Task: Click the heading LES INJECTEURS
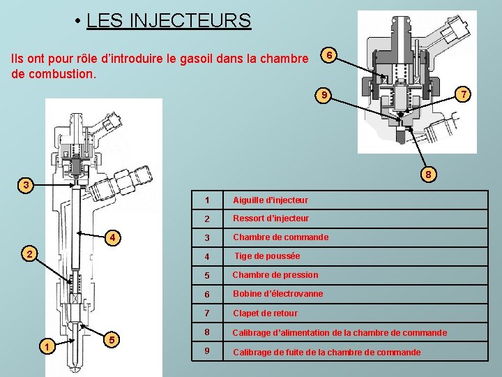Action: [168, 20]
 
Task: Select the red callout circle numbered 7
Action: [463, 93]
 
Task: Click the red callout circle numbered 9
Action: [323, 95]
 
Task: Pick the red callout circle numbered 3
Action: [26, 185]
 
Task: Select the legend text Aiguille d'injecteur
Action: [271, 200]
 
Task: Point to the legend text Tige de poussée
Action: [267, 256]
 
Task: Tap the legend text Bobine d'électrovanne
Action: [277, 294]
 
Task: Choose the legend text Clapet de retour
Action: [265, 313]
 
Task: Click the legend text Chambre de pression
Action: [275, 275]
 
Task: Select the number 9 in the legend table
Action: [207, 351]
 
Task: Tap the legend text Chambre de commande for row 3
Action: [280, 237]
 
